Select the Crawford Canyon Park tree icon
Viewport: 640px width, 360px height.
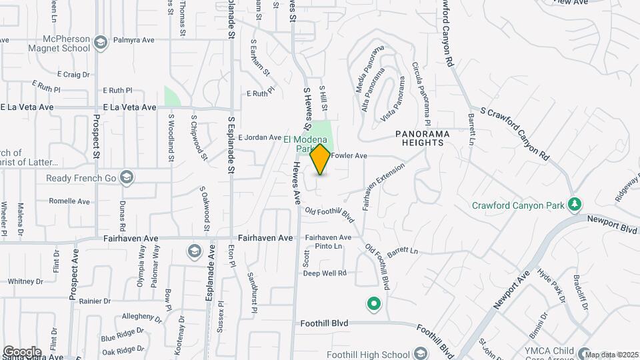(575, 204)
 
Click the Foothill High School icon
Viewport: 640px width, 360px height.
(419, 353)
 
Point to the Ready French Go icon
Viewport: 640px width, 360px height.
(127, 178)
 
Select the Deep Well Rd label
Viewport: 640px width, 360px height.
(325, 273)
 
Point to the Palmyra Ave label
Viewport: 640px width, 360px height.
(133, 40)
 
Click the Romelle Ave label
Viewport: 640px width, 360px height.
(69, 201)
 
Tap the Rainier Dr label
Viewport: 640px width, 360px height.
(94, 301)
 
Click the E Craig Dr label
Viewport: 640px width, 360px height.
(73, 74)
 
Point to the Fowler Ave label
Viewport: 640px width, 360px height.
(349, 156)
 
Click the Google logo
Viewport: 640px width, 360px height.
(22, 351)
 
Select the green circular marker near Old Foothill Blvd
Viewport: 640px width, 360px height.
(374, 305)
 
